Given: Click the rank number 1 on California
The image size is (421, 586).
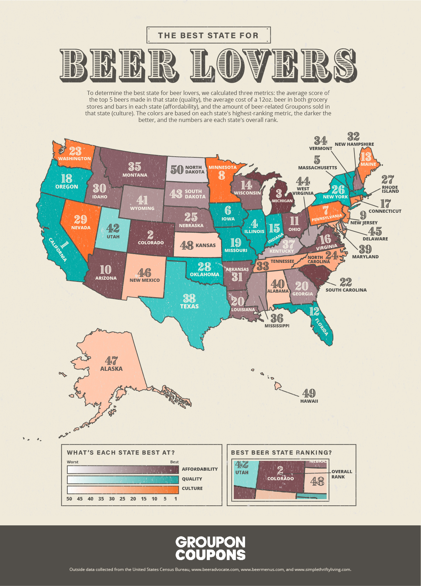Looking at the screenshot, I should click(x=64, y=244).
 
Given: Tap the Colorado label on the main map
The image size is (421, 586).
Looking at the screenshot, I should click(x=151, y=243).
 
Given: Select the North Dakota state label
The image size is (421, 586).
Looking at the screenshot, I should click(x=195, y=170).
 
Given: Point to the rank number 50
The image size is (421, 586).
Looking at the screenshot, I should click(x=177, y=170).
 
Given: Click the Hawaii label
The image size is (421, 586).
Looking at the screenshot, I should click(x=309, y=401).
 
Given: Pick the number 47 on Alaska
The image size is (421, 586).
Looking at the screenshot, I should click(x=111, y=360).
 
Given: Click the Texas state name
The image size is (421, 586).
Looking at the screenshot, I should click(x=189, y=306).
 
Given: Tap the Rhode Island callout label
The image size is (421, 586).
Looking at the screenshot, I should click(x=390, y=189).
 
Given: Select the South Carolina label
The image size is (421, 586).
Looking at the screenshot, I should click(x=346, y=290).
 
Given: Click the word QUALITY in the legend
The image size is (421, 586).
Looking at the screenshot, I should click(x=192, y=479).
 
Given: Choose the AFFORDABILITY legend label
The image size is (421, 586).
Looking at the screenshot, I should click(x=199, y=469).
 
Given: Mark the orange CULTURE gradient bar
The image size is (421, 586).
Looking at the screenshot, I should click(x=123, y=489).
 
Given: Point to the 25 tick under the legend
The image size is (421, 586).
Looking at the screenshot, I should click(x=122, y=499).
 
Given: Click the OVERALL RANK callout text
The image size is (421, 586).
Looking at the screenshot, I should click(x=341, y=474).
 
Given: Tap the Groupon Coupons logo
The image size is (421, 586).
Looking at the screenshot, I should click(x=210, y=548).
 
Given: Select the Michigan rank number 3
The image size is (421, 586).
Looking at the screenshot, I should click(x=279, y=193).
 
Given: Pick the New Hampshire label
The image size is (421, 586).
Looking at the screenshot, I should click(x=354, y=144).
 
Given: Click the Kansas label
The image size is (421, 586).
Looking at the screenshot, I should click(x=205, y=245).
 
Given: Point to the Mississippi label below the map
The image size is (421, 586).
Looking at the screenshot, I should click(x=277, y=326).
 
